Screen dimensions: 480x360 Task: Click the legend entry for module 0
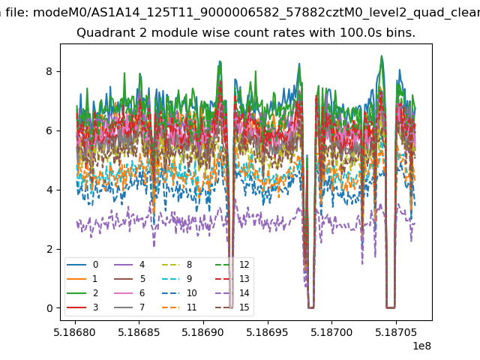pos(82,265)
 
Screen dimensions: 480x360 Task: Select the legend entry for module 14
pos(232,293)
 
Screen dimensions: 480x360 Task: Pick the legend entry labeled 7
pos(130,307)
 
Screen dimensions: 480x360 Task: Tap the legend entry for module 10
pos(179,293)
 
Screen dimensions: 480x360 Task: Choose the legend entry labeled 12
pos(232,265)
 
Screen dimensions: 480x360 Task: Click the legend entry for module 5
pos(130,279)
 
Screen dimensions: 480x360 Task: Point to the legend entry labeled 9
pos(177,279)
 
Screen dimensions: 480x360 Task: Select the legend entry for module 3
pos(82,307)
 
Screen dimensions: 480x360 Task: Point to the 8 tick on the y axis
pos(49,71)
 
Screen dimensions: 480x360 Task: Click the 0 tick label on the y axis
pos(49,308)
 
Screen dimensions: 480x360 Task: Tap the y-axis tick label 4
pos(49,190)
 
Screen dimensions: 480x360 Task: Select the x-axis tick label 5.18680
pos(75,332)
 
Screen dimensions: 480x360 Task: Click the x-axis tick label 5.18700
pos(331,332)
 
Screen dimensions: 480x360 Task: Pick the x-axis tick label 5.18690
pos(203,332)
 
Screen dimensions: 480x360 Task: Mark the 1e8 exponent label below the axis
pos(421,346)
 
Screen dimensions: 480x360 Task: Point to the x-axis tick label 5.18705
pos(396,332)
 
